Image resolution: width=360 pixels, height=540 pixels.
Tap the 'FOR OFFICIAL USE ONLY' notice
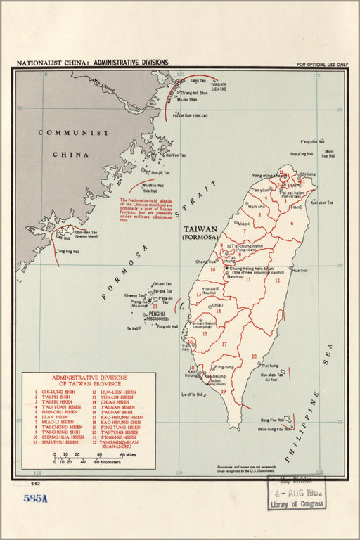pyautogui.click(x=322, y=65)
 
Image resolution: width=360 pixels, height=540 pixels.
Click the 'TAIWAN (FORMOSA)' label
pyautogui.click(x=200, y=233)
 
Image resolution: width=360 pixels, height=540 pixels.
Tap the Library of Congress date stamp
pyautogui.click(x=296, y=494)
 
